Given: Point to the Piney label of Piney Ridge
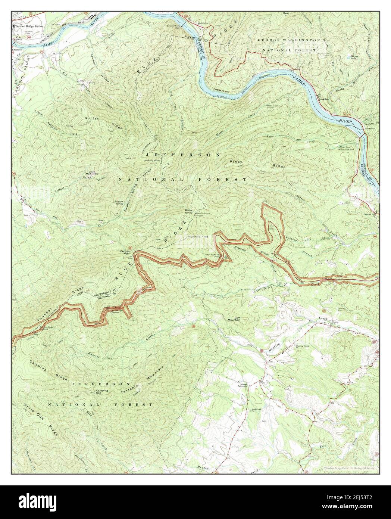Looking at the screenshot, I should tap(236, 162).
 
